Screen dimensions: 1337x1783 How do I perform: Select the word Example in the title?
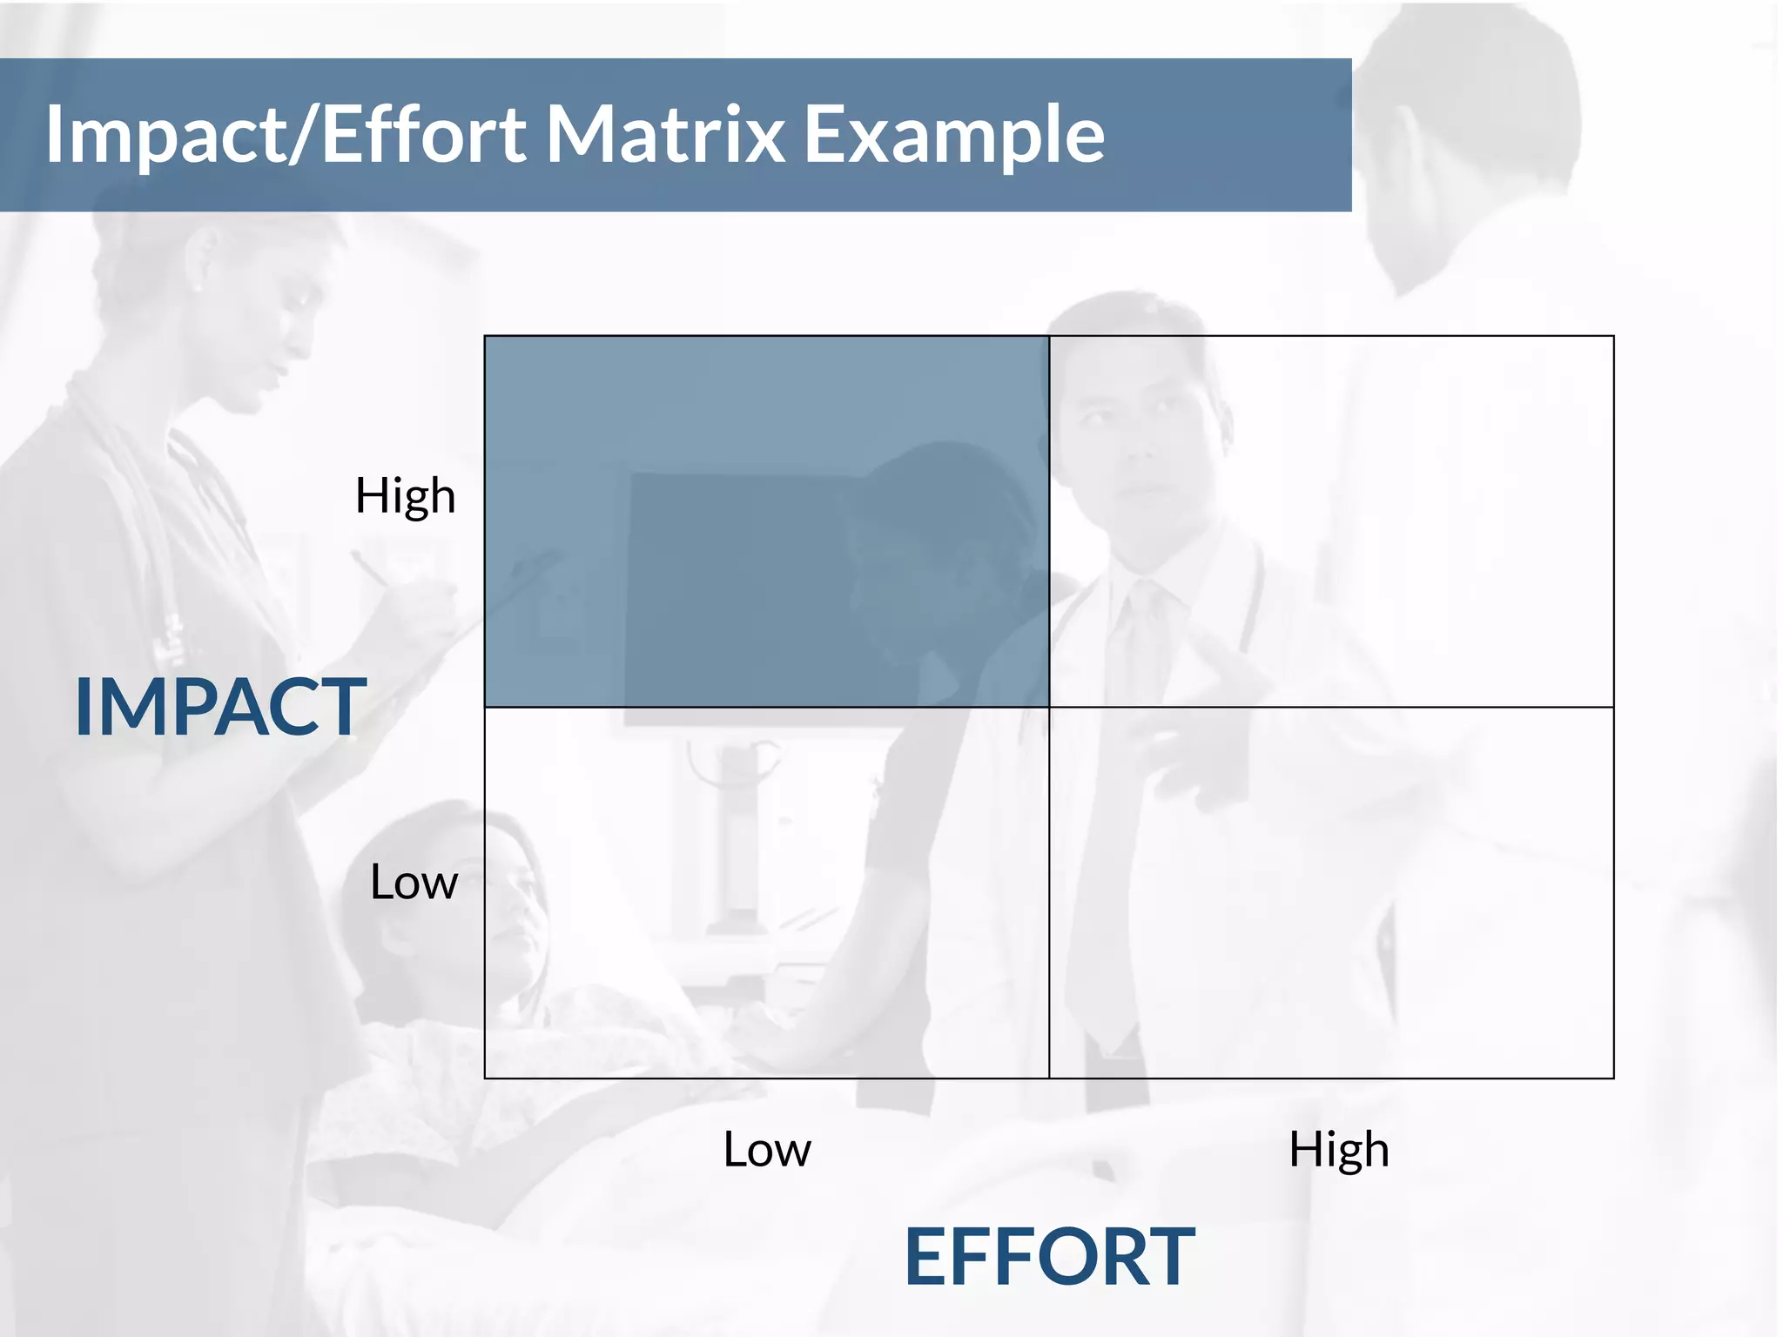coord(953,135)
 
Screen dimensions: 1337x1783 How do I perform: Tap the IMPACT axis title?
coord(220,707)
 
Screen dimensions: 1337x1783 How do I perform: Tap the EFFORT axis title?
coord(1049,1256)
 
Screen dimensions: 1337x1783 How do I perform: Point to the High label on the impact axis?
coord(405,496)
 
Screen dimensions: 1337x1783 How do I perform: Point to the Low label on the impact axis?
coord(414,882)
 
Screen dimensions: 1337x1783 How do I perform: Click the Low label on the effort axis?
coord(766,1149)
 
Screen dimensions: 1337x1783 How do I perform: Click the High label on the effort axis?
coord(1338,1149)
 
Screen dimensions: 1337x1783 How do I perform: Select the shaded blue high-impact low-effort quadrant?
coord(766,521)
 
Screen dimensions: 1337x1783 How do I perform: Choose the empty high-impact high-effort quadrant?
coord(1331,521)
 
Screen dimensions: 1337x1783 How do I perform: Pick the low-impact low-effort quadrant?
coord(766,892)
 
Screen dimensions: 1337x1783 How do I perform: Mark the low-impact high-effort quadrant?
coord(1331,892)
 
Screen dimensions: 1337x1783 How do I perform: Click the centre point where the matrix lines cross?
coord(1049,707)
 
